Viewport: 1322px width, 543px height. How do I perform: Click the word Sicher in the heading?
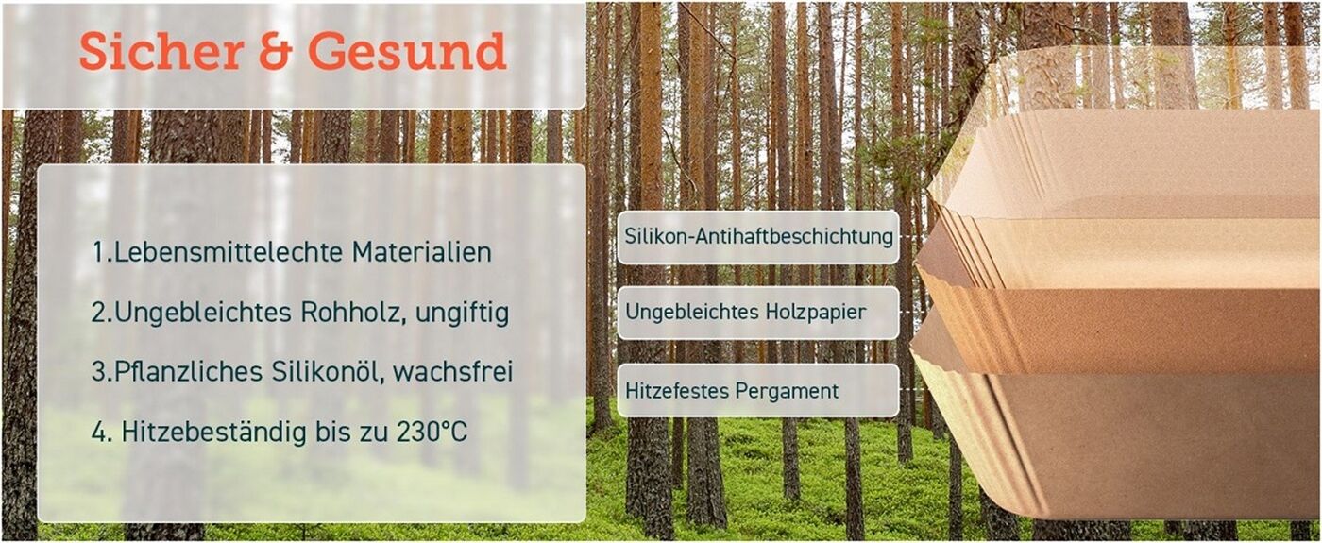point(161,51)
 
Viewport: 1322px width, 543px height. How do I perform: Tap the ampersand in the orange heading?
point(276,51)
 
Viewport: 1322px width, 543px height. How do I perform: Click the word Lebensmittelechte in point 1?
point(228,252)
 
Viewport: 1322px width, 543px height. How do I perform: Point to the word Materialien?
point(422,252)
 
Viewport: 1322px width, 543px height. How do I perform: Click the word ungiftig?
point(462,314)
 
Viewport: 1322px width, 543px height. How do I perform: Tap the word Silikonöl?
point(327,372)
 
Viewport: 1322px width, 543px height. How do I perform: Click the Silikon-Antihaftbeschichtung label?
point(758,237)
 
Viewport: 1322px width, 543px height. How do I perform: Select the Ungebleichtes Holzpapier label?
point(758,313)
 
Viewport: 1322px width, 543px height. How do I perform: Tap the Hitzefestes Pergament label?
point(758,390)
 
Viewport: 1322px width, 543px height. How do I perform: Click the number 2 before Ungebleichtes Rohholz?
point(98,314)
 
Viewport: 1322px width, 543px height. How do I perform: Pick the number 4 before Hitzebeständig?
point(98,433)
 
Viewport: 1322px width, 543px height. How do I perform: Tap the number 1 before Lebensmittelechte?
point(98,253)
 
